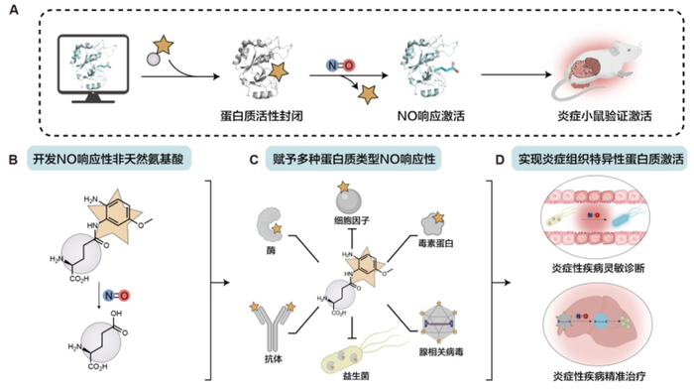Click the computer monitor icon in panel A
[x=93, y=69]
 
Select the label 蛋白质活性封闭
[x=262, y=116]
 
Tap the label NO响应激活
[x=431, y=116]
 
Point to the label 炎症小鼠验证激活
[x=605, y=116]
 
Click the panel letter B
[x=13, y=160]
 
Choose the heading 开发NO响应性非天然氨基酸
[x=109, y=159]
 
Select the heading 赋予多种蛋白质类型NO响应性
[x=354, y=159]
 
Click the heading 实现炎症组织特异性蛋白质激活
[x=601, y=159]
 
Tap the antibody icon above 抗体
[x=273, y=326]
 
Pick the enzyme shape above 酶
[x=270, y=225]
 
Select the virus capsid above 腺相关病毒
[x=439, y=323]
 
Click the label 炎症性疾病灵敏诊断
[x=598, y=268]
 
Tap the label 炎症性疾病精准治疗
[x=599, y=376]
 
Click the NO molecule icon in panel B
[x=116, y=296]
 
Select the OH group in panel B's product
[x=116, y=314]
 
